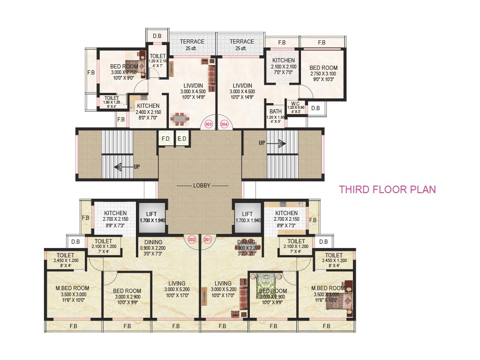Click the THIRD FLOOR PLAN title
(x=388, y=190)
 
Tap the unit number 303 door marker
(x=209, y=124)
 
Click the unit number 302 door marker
(x=192, y=239)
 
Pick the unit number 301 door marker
(x=208, y=239)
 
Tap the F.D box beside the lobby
(x=165, y=139)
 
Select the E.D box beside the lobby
(x=181, y=139)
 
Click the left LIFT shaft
(x=151, y=217)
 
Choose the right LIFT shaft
(x=247, y=217)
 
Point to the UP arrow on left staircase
(x=124, y=166)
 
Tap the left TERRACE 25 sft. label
(x=192, y=45)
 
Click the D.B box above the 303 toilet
(x=157, y=36)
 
